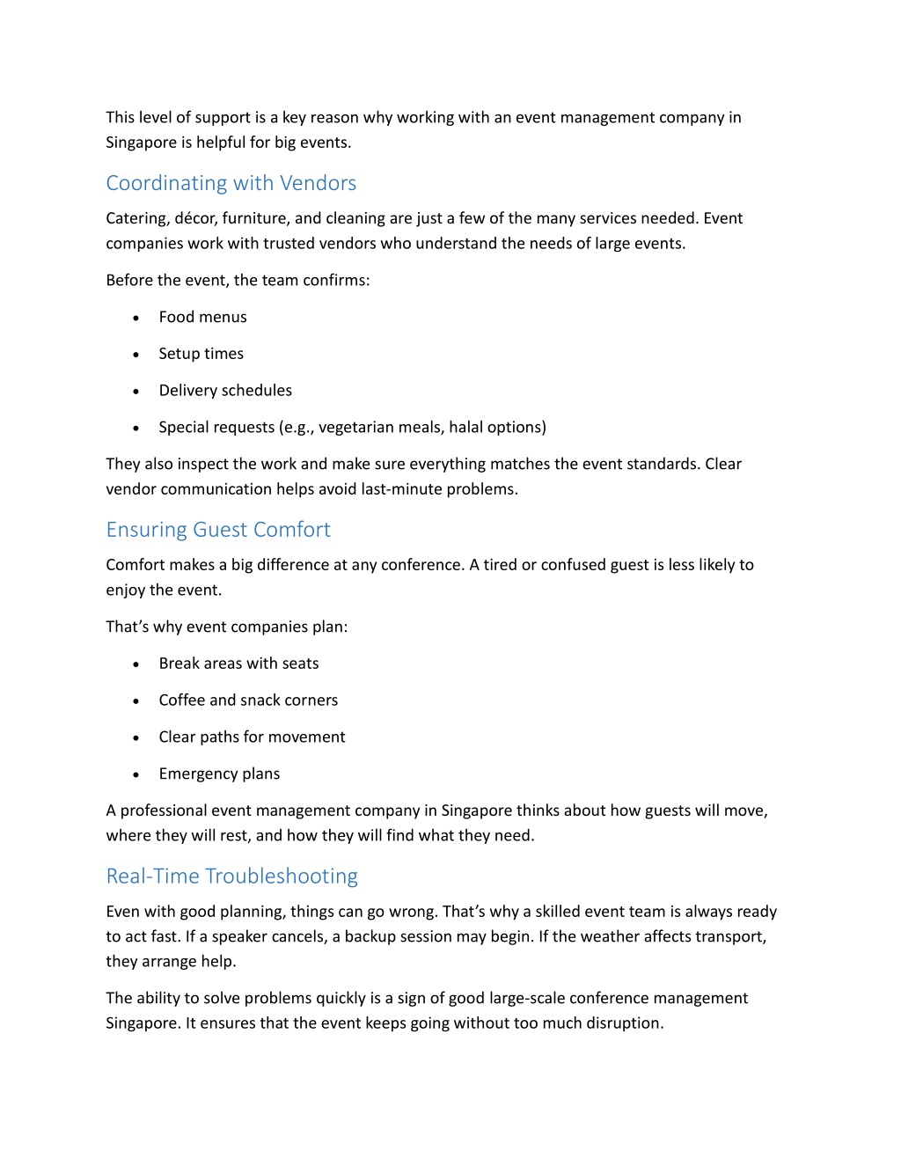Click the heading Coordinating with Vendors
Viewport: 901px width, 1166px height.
click(x=231, y=183)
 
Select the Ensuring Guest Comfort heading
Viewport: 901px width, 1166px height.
click(x=218, y=530)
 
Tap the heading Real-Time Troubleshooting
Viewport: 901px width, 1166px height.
click(x=231, y=876)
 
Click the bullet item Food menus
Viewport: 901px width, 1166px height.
click(x=202, y=317)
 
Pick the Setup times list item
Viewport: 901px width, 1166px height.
click(x=201, y=354)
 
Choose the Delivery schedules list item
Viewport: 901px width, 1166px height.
click(x=225, y=391)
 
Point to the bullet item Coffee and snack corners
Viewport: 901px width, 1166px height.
click(x=248, y=700)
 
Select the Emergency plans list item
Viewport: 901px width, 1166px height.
click(x=219, y=774)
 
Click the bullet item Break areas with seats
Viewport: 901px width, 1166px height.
click(x=238, y=664)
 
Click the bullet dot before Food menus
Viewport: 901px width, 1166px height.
click(x=136, y=318)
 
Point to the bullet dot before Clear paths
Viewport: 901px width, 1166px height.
click(x=136, y=738)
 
